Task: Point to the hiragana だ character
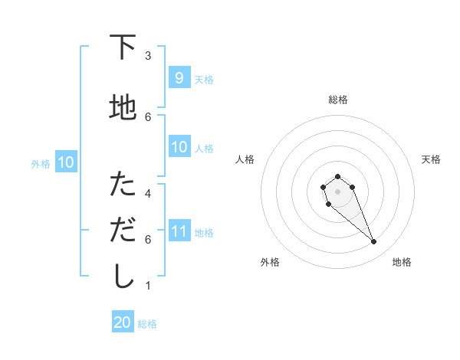(123, 228)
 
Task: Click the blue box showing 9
(179, 78)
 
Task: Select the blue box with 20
(123, 322)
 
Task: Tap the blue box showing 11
(179, 231)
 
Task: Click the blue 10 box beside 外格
(65, 162)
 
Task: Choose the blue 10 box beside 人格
(179, 147)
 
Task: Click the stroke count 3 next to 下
(148, 55)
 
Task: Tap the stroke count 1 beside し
(148, 286)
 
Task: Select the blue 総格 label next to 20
(147, 324)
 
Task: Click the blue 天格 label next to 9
(204, 80)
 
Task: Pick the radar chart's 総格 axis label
(338, 100)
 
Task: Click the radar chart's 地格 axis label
(402, 262)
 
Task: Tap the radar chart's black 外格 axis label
(270, 262)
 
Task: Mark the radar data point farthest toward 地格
(374, 242)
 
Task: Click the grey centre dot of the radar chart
(337, 191)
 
